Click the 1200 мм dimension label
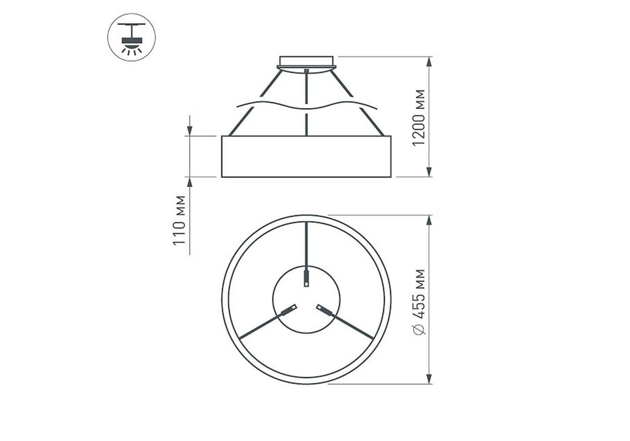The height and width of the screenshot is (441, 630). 418,118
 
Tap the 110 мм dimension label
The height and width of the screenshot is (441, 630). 179,220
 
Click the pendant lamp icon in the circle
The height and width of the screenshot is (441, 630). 132,37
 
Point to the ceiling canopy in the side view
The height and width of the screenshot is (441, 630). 306,64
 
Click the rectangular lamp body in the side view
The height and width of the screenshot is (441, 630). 306,157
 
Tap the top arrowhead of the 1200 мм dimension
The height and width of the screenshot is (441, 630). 429,62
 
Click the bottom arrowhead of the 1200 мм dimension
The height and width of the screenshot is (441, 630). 429,172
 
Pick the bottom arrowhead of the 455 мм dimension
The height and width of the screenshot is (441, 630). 429,379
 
